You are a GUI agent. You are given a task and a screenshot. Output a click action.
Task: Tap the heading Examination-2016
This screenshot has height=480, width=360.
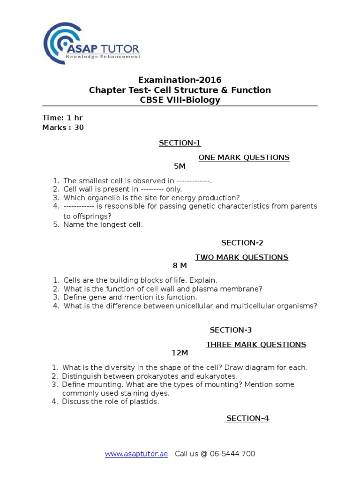point(180,80)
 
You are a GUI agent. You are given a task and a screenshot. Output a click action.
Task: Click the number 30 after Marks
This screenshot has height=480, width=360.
point(79,127)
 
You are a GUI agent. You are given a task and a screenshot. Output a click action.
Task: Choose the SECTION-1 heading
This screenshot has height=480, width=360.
point(180,143)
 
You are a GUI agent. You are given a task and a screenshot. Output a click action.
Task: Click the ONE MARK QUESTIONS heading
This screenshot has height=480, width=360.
point(244,157)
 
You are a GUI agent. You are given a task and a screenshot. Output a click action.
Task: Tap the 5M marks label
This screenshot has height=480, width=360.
point(180,166)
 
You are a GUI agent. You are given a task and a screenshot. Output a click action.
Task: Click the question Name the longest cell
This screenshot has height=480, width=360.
point(103,225)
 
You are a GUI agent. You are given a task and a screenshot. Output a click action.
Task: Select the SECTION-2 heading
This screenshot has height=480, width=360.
point(242,242)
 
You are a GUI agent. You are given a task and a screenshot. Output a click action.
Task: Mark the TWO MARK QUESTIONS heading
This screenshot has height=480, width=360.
point(241,257)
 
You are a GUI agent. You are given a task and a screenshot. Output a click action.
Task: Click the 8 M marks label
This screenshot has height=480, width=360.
point(180,266)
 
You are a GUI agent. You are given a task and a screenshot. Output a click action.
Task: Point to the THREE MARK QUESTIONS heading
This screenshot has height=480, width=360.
point(256,345)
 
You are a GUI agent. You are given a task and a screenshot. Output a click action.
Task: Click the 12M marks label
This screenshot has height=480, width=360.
point(180,353)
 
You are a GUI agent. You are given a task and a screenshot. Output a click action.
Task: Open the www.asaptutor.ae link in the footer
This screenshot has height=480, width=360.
point(136,454)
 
